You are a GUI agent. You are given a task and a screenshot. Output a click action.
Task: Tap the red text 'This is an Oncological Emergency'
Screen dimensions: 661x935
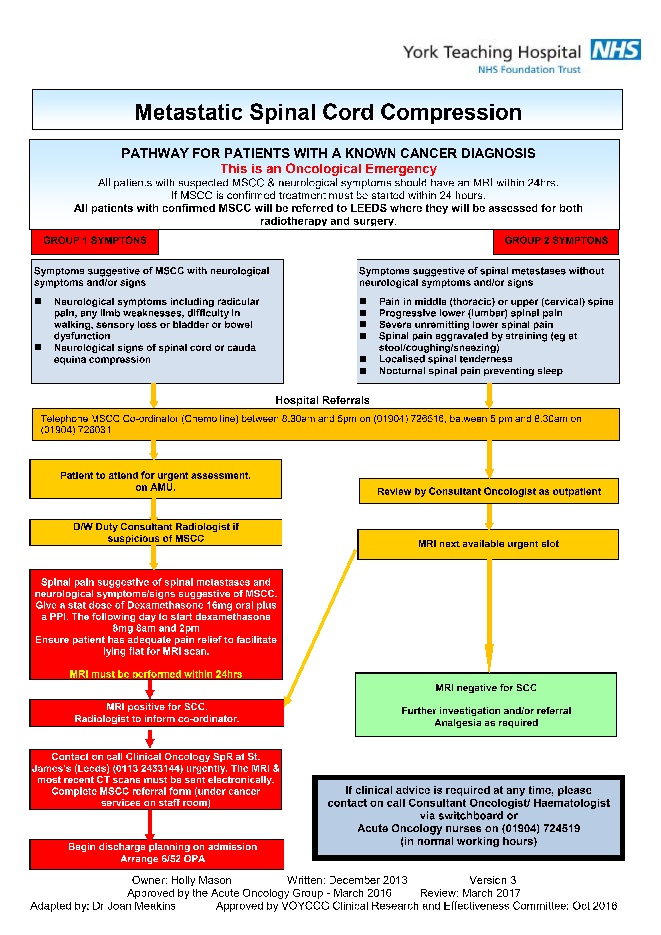(328, 169)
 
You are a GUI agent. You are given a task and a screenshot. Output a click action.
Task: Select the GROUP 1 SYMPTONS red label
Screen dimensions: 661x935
(95, 242)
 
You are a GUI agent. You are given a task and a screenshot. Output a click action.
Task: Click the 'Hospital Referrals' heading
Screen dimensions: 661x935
(322, 400)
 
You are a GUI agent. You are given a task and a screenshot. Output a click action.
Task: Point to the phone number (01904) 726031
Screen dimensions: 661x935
(76, 430)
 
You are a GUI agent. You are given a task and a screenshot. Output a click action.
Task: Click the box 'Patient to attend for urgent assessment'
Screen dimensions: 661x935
(156, 479)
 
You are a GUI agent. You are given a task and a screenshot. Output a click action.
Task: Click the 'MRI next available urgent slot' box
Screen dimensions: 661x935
(488, 544)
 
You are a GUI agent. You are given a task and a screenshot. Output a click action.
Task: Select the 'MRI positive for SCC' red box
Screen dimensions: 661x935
(157, 713)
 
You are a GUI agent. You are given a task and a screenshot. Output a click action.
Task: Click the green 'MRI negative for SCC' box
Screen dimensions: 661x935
(486, 704)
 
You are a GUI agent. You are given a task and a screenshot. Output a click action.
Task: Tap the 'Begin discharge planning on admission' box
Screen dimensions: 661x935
(157, 854)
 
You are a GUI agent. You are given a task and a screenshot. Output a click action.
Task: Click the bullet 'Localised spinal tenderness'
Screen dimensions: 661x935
(446, 359)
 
